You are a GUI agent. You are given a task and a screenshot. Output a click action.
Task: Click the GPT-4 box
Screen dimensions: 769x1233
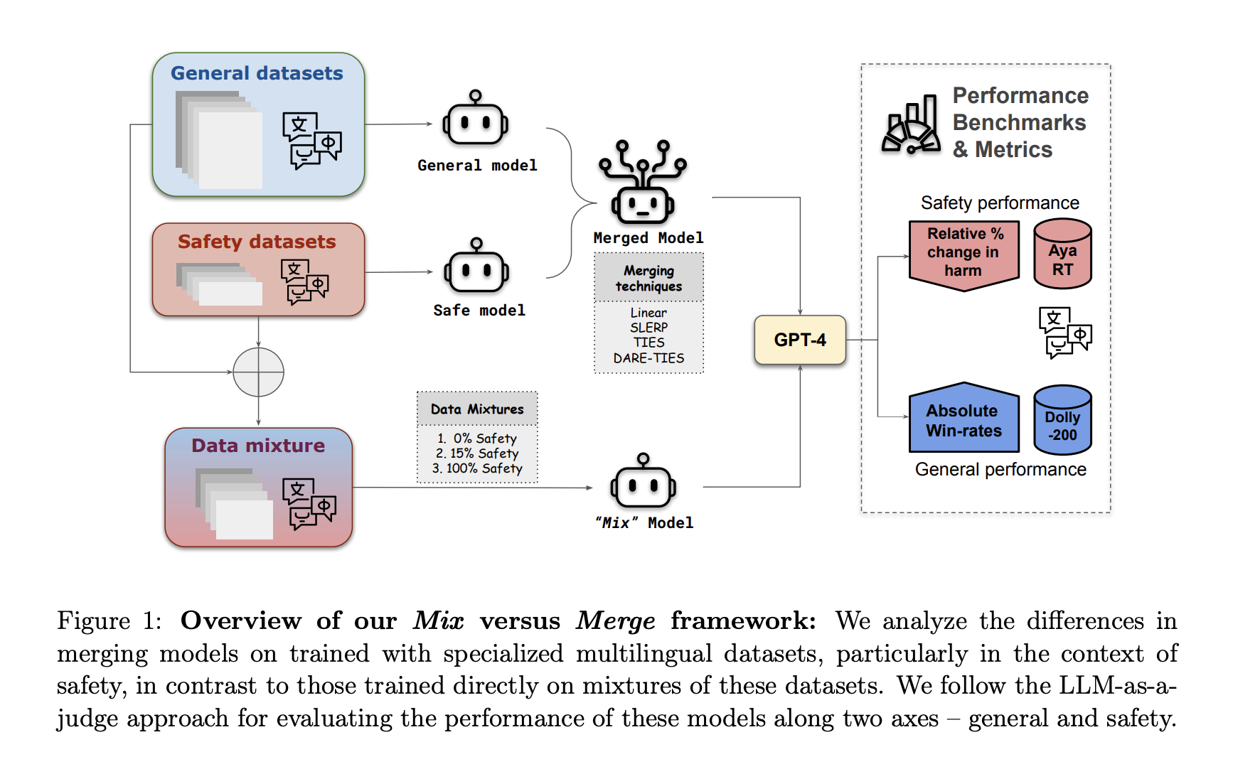[x=800, y=340]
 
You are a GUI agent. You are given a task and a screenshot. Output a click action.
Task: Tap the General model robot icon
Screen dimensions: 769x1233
[x=475, y=122]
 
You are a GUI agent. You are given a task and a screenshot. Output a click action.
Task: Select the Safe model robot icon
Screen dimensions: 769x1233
[x=476, y=269]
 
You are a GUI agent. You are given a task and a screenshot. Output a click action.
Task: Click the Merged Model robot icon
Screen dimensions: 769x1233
[x=643, y=185]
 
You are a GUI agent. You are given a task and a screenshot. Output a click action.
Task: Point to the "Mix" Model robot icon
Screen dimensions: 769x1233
[x=643, y=483]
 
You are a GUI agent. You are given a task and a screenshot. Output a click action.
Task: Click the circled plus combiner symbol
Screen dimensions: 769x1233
[x=259, y=372]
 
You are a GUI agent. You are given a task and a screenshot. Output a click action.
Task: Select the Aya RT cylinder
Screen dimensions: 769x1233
[x=1062, y=254]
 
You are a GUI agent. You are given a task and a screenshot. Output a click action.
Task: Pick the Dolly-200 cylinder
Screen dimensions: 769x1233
[x=1062, y=420]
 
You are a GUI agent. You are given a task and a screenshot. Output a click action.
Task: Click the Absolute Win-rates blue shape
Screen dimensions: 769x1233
[x=964, y=420]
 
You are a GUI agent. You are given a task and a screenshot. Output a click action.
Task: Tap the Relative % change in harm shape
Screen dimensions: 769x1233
[x=964, y=254]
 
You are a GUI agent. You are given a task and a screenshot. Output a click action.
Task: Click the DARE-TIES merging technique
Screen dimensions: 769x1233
[x=648, y=358]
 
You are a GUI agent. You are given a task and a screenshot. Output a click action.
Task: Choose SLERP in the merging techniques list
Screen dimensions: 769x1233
[x=648, y=328]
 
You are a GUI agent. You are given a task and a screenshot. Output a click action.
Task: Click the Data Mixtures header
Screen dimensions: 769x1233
[x=477, y=409]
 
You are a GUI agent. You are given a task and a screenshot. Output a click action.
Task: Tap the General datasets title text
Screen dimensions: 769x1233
[x=257, y=73]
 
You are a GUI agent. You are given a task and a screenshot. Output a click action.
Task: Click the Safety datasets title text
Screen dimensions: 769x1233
[x=257, y=242]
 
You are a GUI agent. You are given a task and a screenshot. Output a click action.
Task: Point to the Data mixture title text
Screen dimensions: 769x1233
[x=258, y=446]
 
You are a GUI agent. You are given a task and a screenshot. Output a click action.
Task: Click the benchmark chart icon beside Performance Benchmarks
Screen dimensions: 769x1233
[x=911, y=126]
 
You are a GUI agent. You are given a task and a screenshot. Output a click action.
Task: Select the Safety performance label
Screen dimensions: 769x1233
[x=1000, y=203]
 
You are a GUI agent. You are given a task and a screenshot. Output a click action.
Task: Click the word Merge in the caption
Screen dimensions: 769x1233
[x=615, y=621]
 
